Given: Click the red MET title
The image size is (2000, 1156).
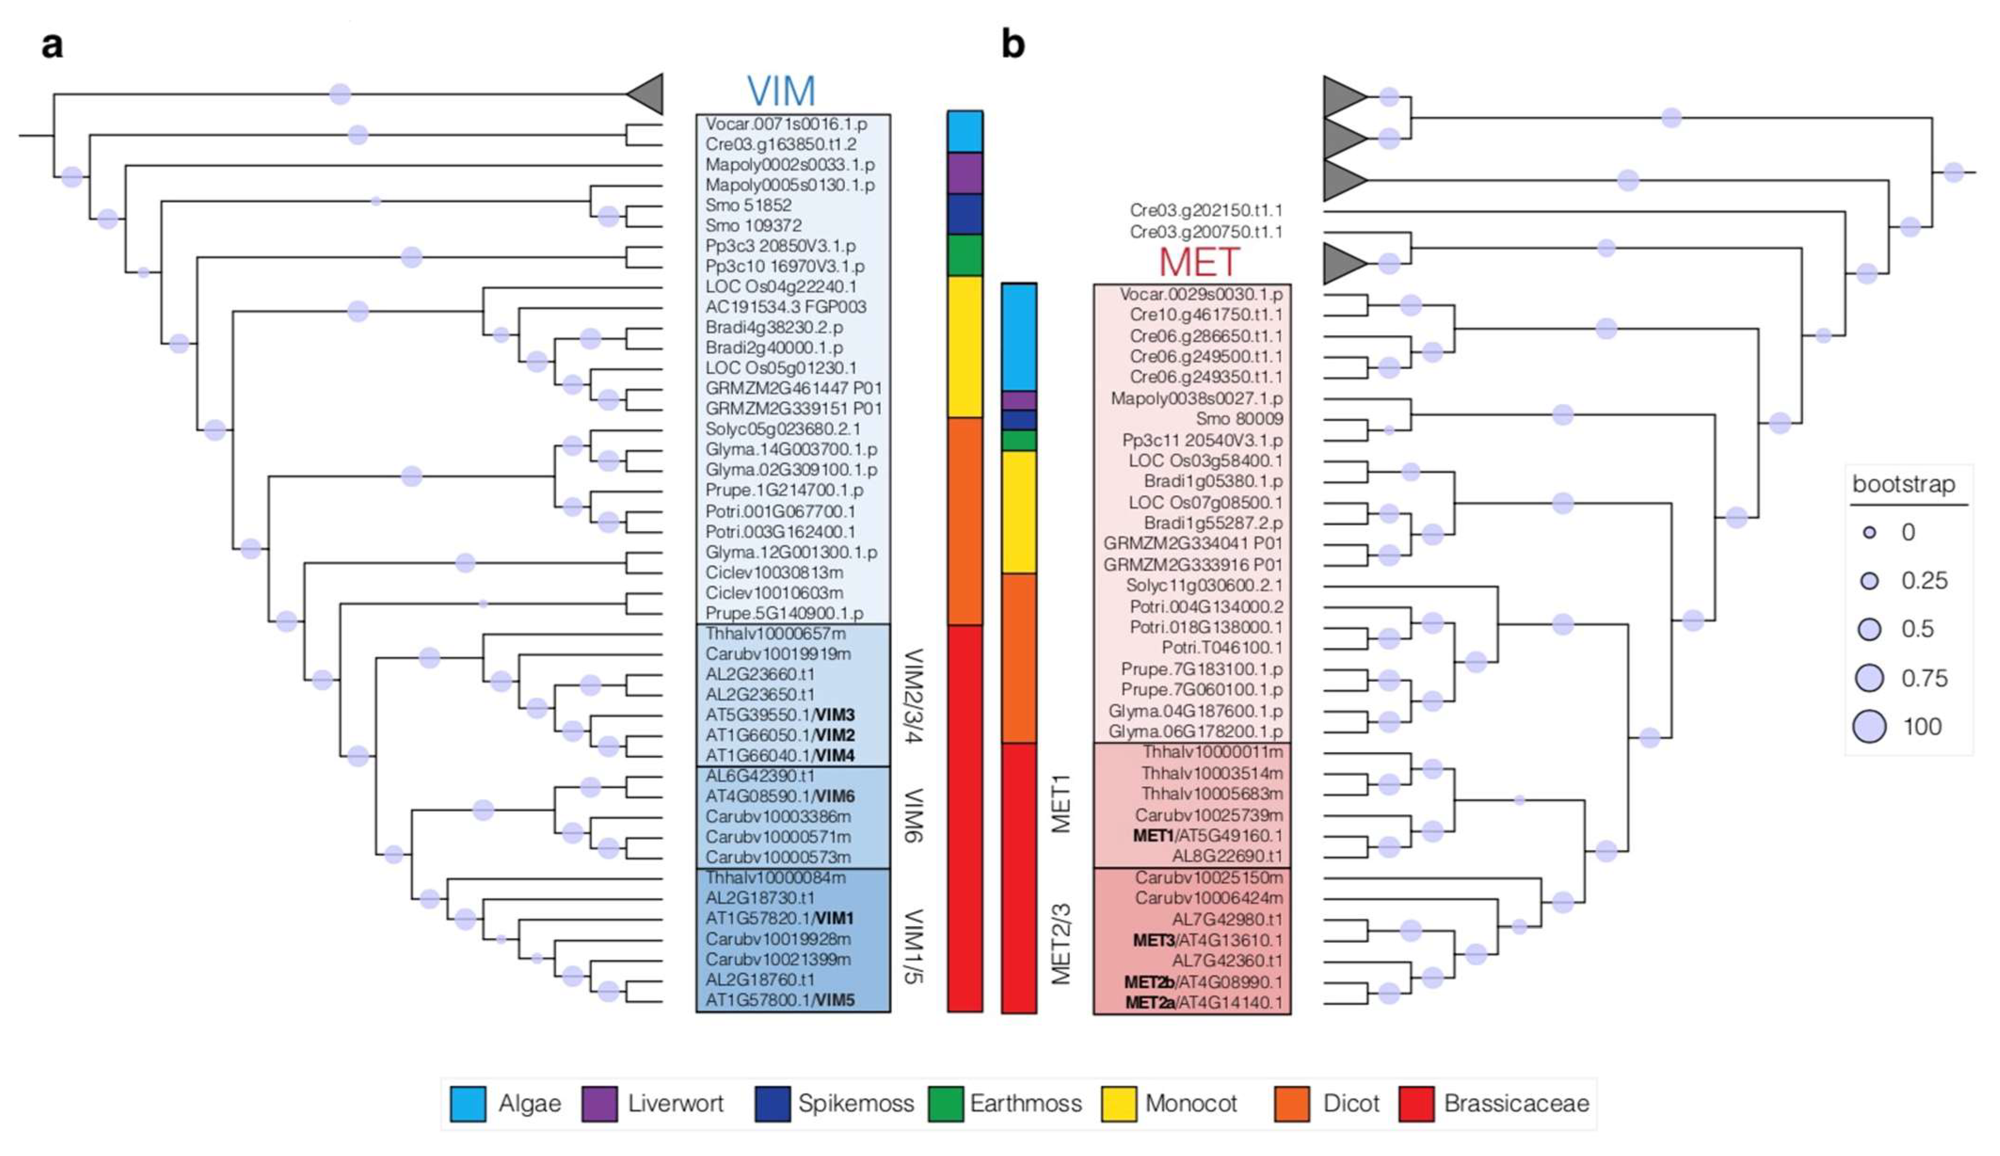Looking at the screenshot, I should [1198, 262].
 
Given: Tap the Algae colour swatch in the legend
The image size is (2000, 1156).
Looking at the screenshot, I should [468, 1104].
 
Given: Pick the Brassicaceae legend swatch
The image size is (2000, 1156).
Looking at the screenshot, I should [1416, 1104].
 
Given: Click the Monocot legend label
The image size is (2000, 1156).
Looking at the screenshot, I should [1190, 1104].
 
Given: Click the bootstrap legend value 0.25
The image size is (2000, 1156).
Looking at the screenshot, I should [1924, 581].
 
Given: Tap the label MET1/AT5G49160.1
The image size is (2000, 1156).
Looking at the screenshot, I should [1207, 836].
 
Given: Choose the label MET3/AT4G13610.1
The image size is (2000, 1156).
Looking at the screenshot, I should [1207, 940].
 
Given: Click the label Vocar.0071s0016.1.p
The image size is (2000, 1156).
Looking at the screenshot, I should [786, 124].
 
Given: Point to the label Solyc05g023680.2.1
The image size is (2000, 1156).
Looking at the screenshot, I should [782, 429].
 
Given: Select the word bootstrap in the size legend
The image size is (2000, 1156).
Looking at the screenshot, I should [1903, 484].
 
